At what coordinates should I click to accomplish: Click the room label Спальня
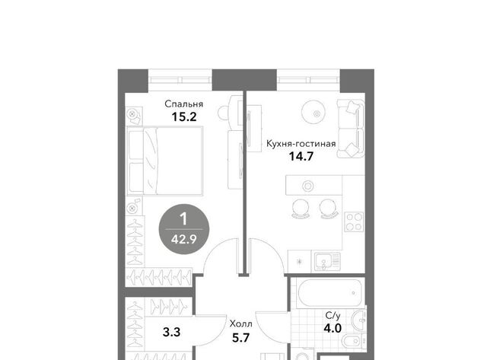point(183,104)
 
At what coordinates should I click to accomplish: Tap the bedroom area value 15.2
point(184,117)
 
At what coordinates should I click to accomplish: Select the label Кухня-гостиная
point(301,144)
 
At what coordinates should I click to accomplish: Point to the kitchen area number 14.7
point(301,156)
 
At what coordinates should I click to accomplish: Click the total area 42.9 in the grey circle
point(184,240)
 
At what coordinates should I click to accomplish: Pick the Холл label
point(241,324)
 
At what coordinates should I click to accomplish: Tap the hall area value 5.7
point(241,337)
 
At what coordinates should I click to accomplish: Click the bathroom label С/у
point(333,316)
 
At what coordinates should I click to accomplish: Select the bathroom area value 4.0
point(333,328)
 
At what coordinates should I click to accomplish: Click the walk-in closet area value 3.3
point(171,332)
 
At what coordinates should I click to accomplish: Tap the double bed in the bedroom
point(165,161)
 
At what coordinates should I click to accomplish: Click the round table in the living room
point(317,113)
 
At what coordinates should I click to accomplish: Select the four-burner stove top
point(354,221)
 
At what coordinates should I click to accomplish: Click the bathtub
point(329,293)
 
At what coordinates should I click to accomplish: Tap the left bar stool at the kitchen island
point(301,209)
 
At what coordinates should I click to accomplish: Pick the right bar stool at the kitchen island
point(329,209)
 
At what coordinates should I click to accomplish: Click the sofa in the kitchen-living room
point(351,129)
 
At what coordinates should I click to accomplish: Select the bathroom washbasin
point(358,320)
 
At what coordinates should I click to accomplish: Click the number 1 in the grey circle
point(184,219)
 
